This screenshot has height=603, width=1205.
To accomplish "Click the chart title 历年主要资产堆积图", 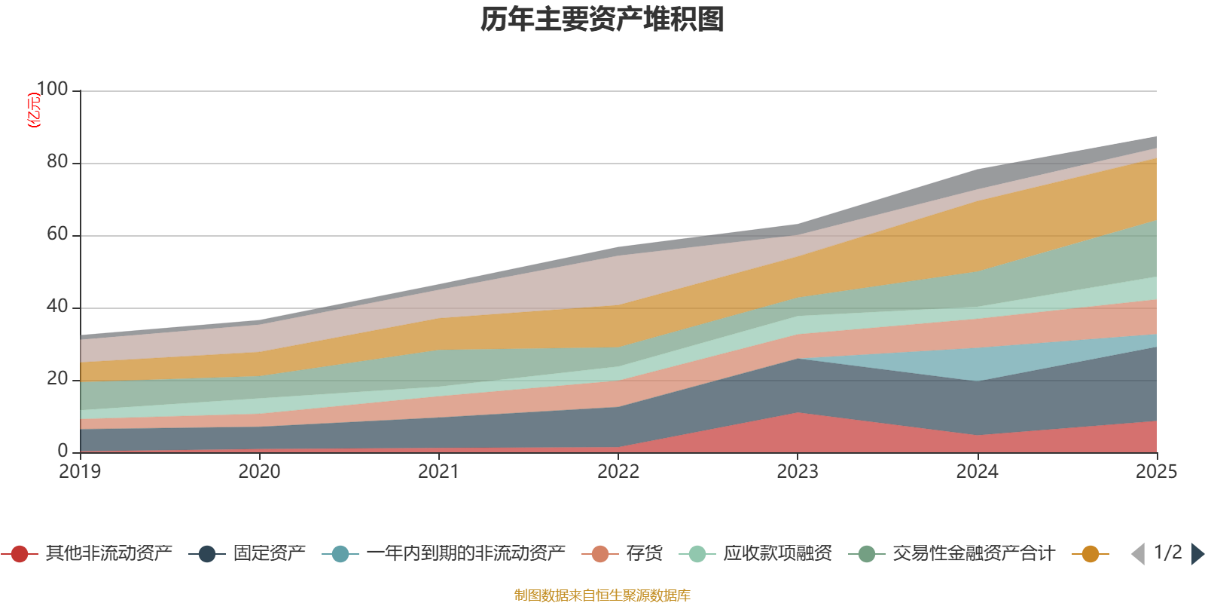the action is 602,20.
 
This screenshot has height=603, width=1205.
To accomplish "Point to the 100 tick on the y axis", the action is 52,89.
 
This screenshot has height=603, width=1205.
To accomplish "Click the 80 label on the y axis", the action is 57,161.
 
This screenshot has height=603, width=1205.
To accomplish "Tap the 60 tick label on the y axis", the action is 57,234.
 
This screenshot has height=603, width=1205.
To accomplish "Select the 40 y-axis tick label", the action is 57,306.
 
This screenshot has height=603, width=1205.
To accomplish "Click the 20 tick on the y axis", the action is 57,378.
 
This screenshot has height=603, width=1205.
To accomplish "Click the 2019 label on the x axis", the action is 80,472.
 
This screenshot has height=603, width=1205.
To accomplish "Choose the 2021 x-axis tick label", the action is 438,472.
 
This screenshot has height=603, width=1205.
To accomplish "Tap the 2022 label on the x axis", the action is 618,472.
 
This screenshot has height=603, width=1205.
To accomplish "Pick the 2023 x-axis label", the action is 798,472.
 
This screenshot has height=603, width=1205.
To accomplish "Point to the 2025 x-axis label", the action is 1156,472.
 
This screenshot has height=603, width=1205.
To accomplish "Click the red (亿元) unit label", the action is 33,110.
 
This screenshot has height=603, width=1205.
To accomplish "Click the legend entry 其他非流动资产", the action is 86,553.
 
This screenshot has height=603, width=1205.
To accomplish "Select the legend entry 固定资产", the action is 247,553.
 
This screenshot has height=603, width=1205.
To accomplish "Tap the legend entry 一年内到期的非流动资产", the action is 444,553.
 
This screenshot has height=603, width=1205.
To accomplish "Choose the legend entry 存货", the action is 622,553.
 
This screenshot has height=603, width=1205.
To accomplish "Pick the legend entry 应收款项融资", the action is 756,553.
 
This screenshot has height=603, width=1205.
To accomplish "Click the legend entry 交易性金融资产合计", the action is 952,553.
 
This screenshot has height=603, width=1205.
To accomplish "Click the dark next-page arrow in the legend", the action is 1197,554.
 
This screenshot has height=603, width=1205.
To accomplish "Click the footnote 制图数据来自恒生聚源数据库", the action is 602,595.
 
